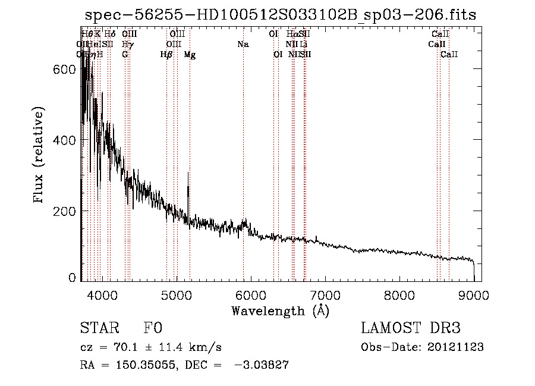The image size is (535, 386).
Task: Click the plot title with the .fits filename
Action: [281, 15]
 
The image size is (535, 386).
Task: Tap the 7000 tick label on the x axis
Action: [325, 294]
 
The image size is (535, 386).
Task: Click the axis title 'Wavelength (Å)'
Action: [280, 310]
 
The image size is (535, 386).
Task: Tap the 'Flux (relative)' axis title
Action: [39, 156]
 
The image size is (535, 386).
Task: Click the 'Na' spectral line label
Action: [243, 44]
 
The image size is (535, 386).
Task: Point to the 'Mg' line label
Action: [190, 55]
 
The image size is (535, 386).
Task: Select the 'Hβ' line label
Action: [166, 55]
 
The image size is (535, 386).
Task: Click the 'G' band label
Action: [125, 55]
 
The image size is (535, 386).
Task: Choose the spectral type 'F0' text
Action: [153, 328]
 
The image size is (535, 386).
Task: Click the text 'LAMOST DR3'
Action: [410, 328]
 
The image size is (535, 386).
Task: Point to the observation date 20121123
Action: [458, 347]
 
